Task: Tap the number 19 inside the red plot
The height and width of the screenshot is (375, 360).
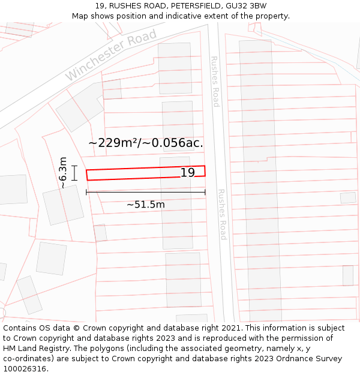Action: click(188, 173)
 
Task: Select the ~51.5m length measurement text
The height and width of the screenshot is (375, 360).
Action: click(145, 205)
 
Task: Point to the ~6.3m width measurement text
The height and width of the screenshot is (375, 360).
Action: click(63, 173)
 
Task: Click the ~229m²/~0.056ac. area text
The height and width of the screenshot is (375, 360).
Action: click(146, 143)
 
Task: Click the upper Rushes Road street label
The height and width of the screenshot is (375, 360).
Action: click(215, 82)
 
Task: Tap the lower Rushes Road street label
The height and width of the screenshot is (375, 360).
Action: click(221, 214)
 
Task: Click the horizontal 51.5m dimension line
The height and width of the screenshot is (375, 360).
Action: click(146, 192)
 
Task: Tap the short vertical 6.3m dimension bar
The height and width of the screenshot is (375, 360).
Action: click(74, 173)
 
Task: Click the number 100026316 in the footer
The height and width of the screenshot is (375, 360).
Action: click(25, 369)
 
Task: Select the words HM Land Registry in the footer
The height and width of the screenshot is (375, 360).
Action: click(34, 349)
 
